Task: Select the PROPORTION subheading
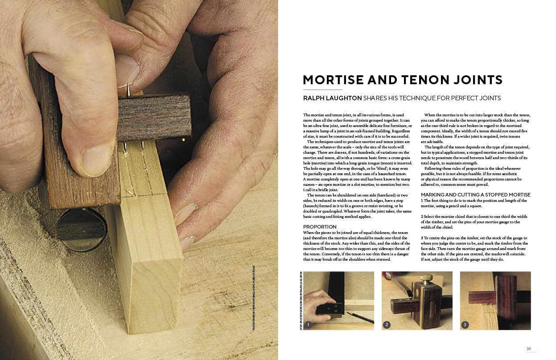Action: pyautogui.click(x=320, y=227)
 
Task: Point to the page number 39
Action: pyautogui.click(x=528, y=349)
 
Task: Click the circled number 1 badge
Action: pyautogui.click(x=308, y=325)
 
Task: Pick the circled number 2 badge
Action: pyautogui.click(x=387, y=325)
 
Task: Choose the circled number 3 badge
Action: pyautogui.click(x=465, y=325)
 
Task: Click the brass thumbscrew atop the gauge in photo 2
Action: pyautogui.click(x=426, y=278)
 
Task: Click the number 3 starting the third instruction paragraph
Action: pyautogui.click(x=422, y=238)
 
